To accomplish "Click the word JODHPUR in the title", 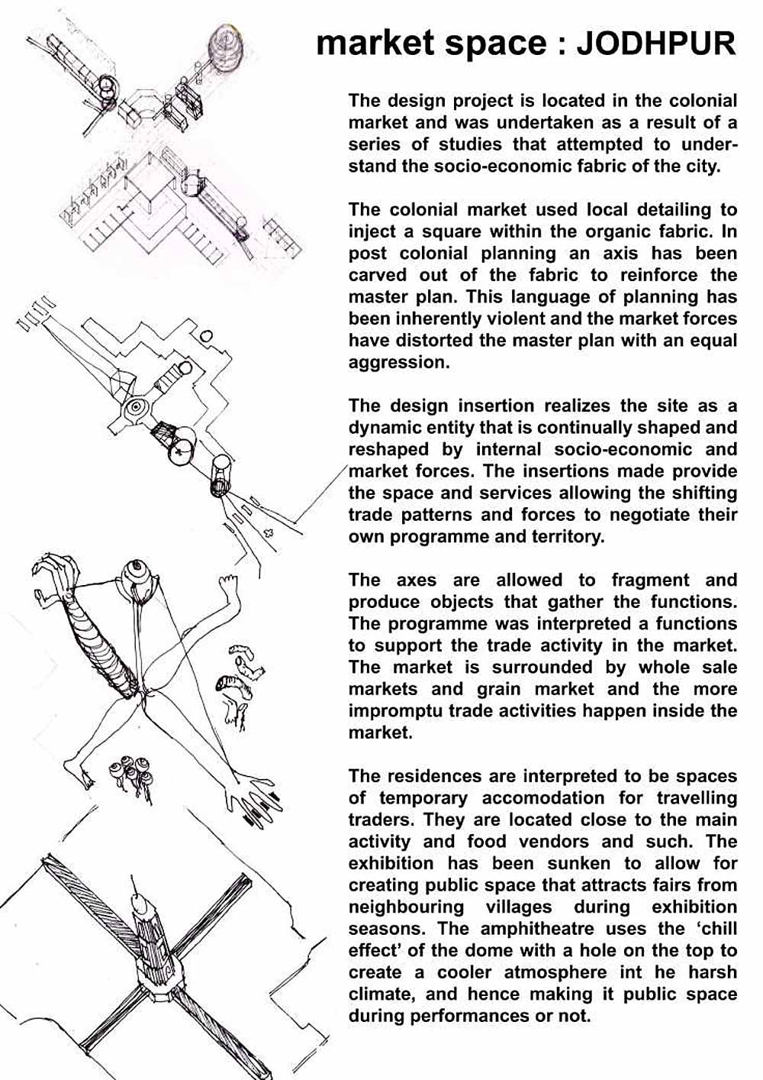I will click(x=655, y=44).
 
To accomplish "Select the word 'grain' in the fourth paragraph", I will click(x=499, y=689).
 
